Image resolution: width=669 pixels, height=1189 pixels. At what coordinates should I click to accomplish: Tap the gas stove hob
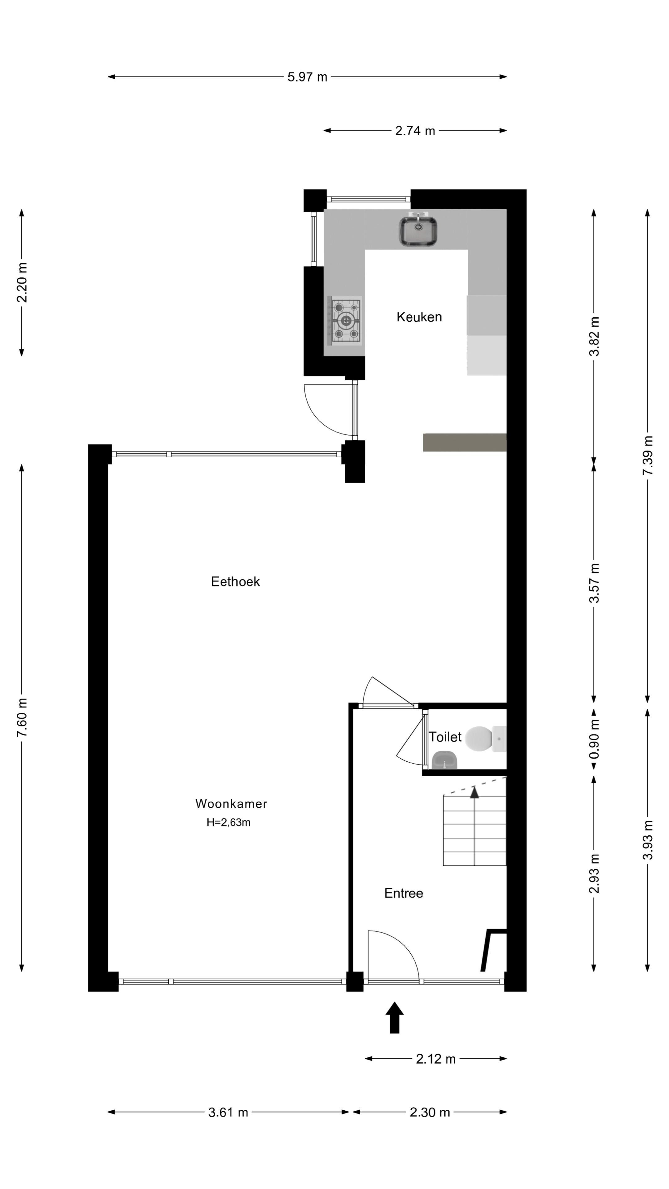344,320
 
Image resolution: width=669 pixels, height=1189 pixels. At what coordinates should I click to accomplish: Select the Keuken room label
419,317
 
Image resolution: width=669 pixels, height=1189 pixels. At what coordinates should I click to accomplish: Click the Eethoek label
235,581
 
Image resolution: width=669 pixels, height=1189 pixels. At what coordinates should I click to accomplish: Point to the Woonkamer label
231,804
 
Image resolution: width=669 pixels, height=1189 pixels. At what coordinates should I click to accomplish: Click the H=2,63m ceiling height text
228,822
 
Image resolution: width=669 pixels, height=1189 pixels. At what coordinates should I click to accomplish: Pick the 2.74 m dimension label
415,131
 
